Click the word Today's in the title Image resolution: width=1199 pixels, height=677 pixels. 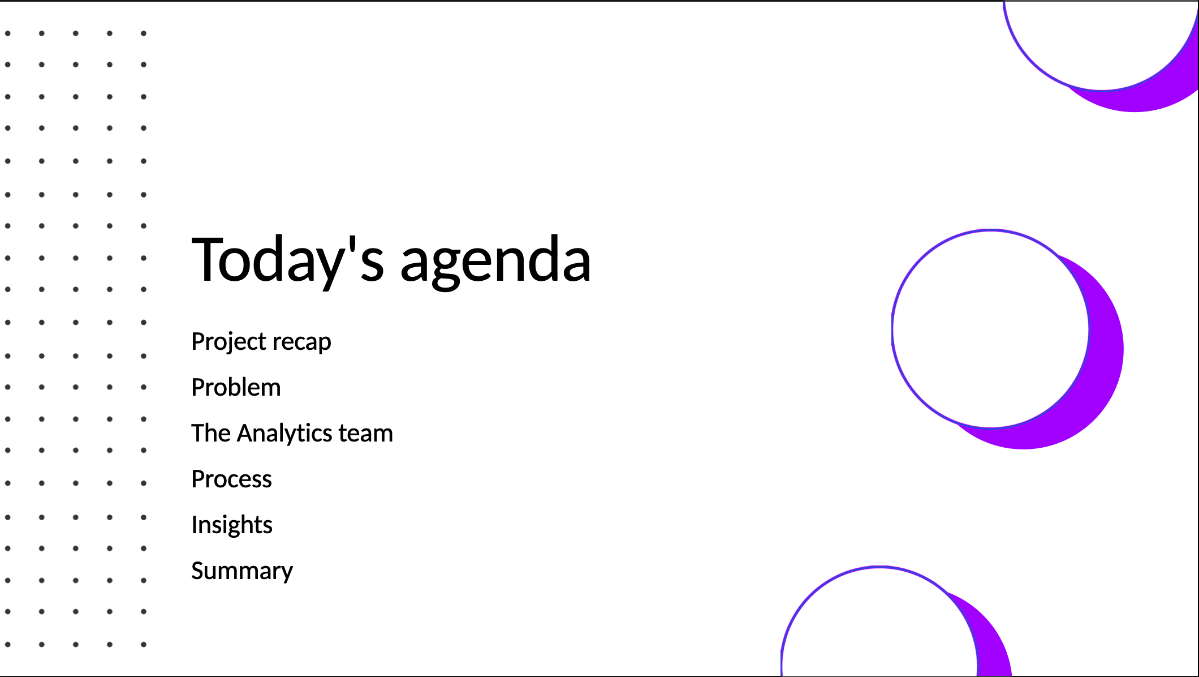coord(288,260)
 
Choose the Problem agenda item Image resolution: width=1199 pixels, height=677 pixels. coord(236,387)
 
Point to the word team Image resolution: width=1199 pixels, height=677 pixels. coord(365,434)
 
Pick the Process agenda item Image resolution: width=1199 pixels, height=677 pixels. coord(231,479)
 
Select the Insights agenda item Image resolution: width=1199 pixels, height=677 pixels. coord(232,525)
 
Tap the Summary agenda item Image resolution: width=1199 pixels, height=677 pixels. coord(242,571)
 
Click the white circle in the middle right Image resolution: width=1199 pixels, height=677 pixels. coord(990,328)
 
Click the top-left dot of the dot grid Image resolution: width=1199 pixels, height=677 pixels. coord(8,33)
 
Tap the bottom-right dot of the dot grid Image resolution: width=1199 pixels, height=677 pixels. coord(144,644)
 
